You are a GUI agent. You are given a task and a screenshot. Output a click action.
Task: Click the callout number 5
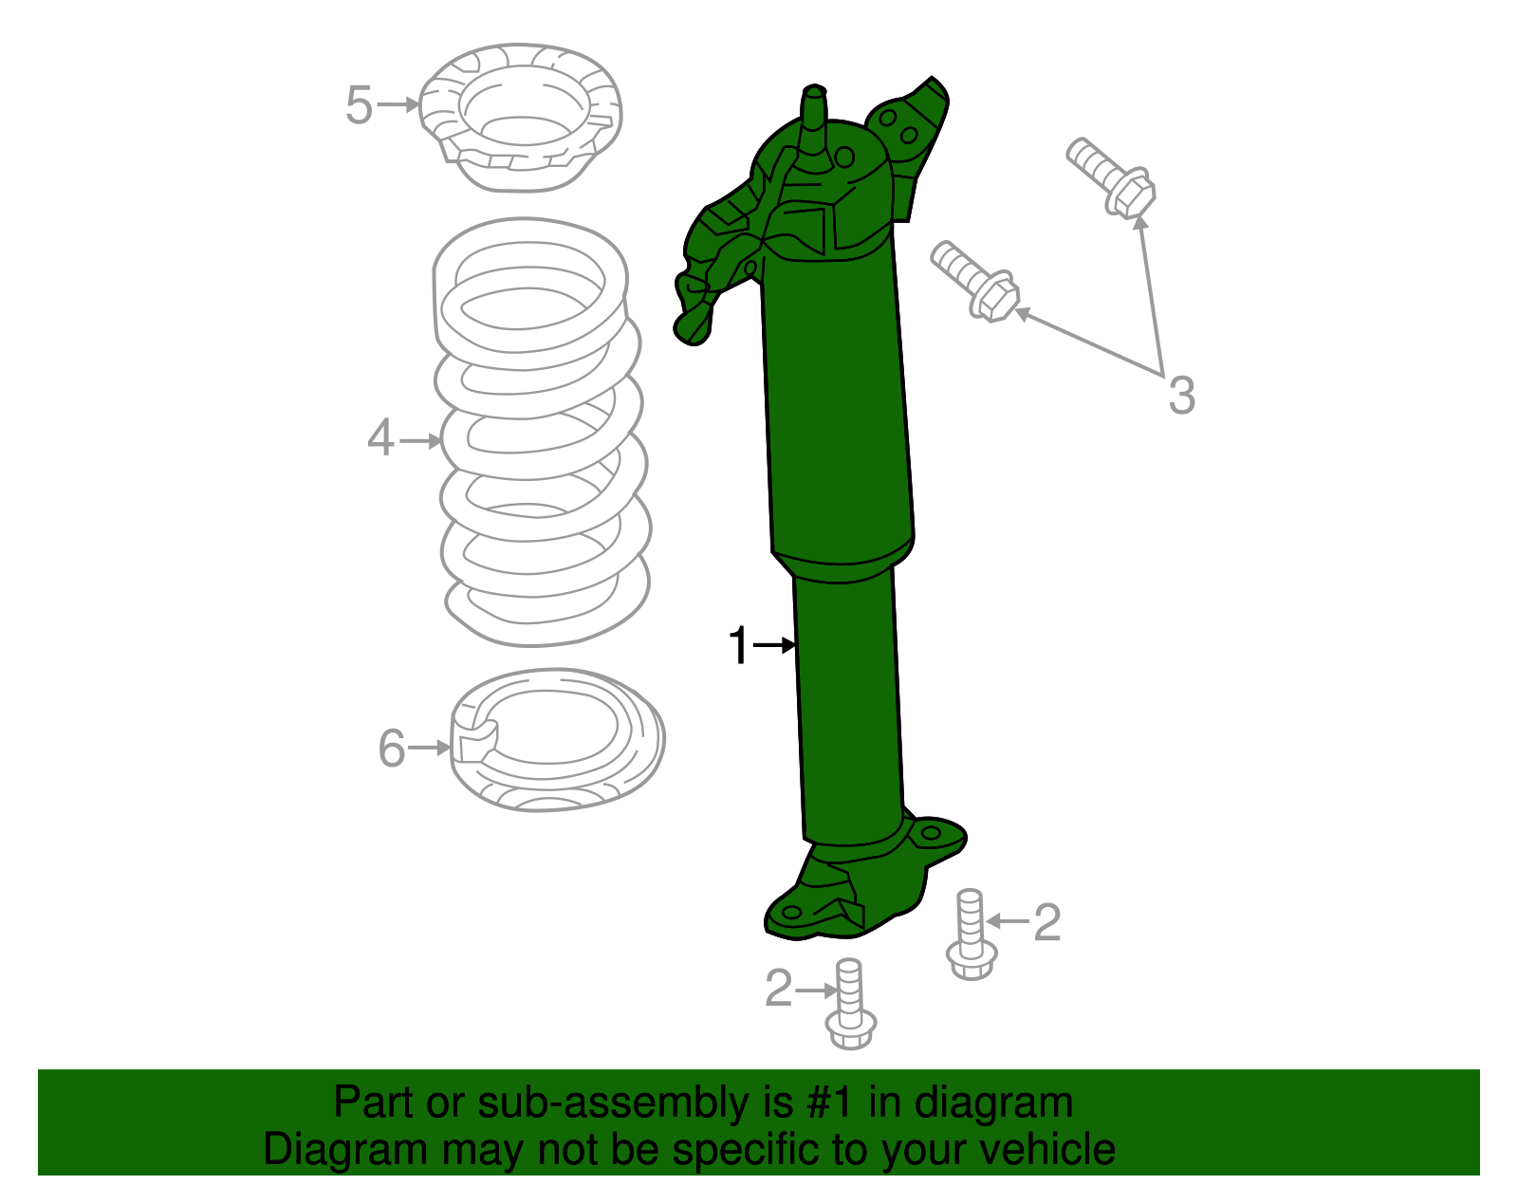(359, 104)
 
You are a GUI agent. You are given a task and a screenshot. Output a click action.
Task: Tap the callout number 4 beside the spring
(380, 439)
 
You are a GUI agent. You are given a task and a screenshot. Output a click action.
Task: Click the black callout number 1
(739, 646)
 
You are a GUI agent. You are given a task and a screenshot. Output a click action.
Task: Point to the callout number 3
(1180, 395)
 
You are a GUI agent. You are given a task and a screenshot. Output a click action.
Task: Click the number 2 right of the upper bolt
(1046, 922)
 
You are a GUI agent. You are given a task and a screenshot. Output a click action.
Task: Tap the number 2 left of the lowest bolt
(779, 990)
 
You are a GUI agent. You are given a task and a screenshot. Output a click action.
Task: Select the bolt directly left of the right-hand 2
(971, 935)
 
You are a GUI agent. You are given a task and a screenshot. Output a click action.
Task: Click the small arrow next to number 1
(775, 645)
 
